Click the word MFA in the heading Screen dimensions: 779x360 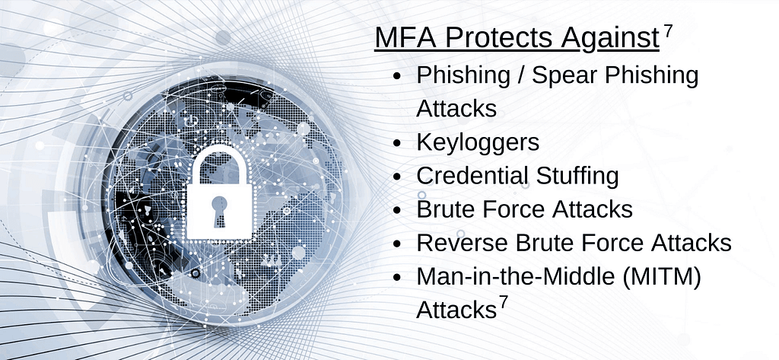tap(405, 38)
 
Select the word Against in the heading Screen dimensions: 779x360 tap(610, 39)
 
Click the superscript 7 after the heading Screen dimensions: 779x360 tap(668, 31)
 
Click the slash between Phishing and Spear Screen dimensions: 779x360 tap(521, 75)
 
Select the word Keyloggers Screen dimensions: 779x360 tap(478, 143)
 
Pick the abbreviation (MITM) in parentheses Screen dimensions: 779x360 tap(662, 277)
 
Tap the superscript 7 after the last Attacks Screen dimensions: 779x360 tap(504, 302)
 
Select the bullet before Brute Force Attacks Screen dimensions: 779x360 tap(396, 210)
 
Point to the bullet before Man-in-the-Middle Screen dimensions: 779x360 tap(396, 278)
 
